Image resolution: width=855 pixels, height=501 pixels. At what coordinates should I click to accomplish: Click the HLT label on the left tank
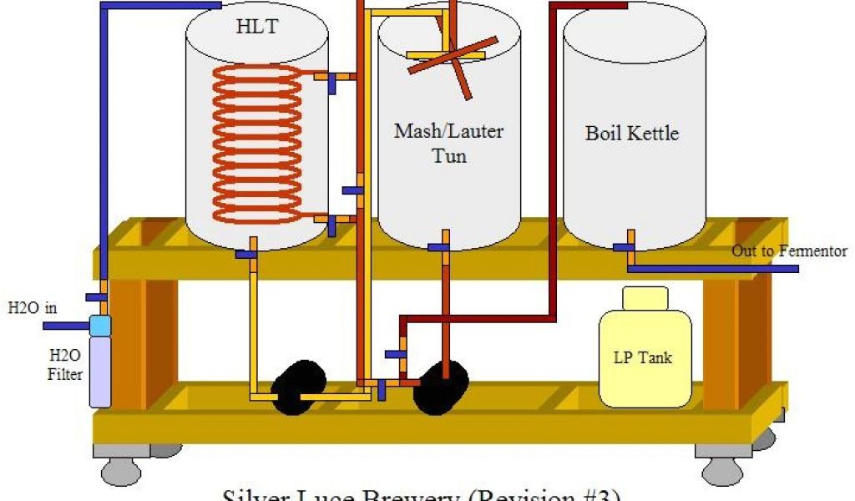[x=256, y=28]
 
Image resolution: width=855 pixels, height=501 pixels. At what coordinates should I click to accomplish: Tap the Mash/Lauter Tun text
[x=448, y=143]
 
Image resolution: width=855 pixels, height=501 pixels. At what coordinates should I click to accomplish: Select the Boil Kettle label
[x=631, y=133]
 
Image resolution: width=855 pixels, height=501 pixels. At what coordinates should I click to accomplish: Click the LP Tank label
[x=643, y=358]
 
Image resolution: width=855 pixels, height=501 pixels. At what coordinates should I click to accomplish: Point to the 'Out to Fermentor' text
[x=789, y=251]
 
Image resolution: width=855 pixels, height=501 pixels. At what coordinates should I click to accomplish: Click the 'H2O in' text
[x=33, y=306]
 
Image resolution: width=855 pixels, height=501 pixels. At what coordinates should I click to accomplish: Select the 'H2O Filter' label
[x=65, y=367]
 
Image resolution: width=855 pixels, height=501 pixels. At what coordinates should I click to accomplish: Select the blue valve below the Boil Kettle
[x=623, y=247]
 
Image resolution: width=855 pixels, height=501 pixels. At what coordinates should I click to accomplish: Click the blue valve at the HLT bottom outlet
[x=245, y=254]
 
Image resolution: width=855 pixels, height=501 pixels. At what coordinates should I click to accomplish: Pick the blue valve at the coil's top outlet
[x=331, y=83]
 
